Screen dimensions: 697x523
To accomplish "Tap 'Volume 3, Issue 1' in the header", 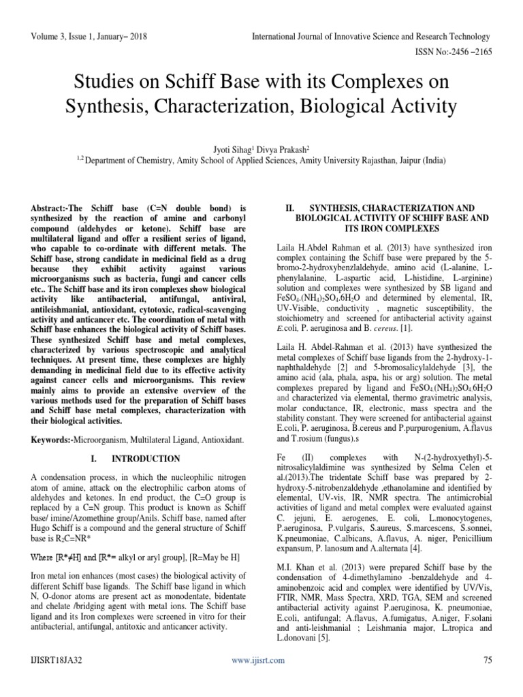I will [63, 36].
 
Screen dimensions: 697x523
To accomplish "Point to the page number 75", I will [486, 660].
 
